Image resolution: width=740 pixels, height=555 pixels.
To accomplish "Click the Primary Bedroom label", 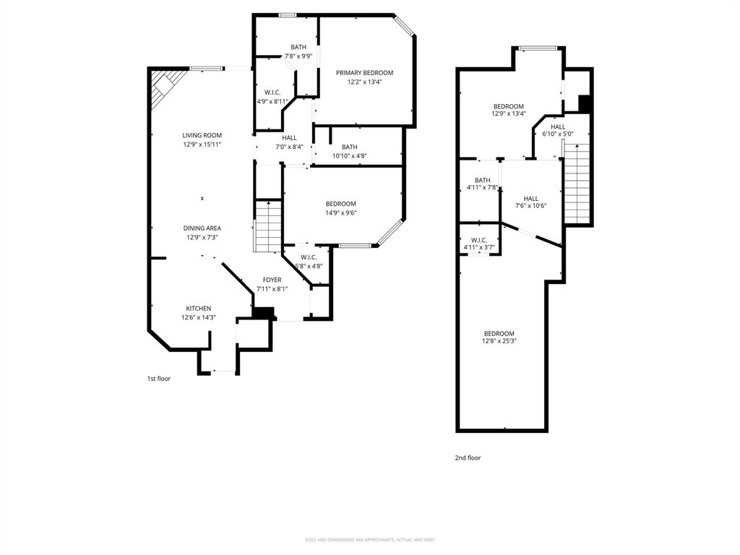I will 364,73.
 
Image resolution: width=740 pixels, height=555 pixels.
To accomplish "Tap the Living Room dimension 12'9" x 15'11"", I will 202,145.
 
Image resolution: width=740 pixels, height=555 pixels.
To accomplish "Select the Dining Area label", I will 202,228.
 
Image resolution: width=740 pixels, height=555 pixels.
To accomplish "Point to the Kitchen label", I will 198,309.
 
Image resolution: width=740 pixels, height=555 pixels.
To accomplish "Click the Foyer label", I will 272,280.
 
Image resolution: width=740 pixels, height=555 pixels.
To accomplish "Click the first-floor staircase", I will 267,225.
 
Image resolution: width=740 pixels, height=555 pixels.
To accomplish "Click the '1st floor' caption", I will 159,378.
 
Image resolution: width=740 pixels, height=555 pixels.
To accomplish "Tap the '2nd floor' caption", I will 468,457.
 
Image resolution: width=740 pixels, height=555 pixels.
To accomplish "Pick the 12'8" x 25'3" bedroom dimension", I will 499,341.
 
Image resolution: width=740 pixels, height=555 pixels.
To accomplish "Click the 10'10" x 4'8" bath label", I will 349,156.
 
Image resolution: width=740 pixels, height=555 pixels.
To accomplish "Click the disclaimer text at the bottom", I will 370,540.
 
